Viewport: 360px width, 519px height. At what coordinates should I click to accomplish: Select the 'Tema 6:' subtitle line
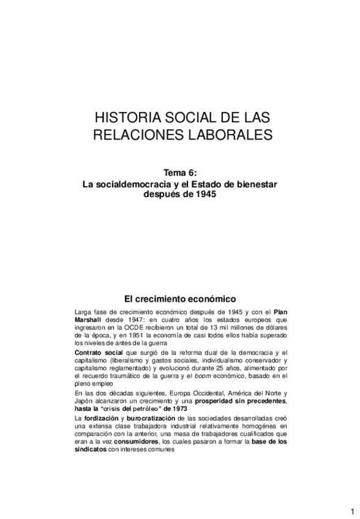pyautogui.click(x=180, y=173)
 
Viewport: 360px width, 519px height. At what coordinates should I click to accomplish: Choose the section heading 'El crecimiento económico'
pyautogui.click(x=179, y=299)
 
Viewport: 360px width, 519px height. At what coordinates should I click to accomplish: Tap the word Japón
pyautogui.click(x=84, y=400)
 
